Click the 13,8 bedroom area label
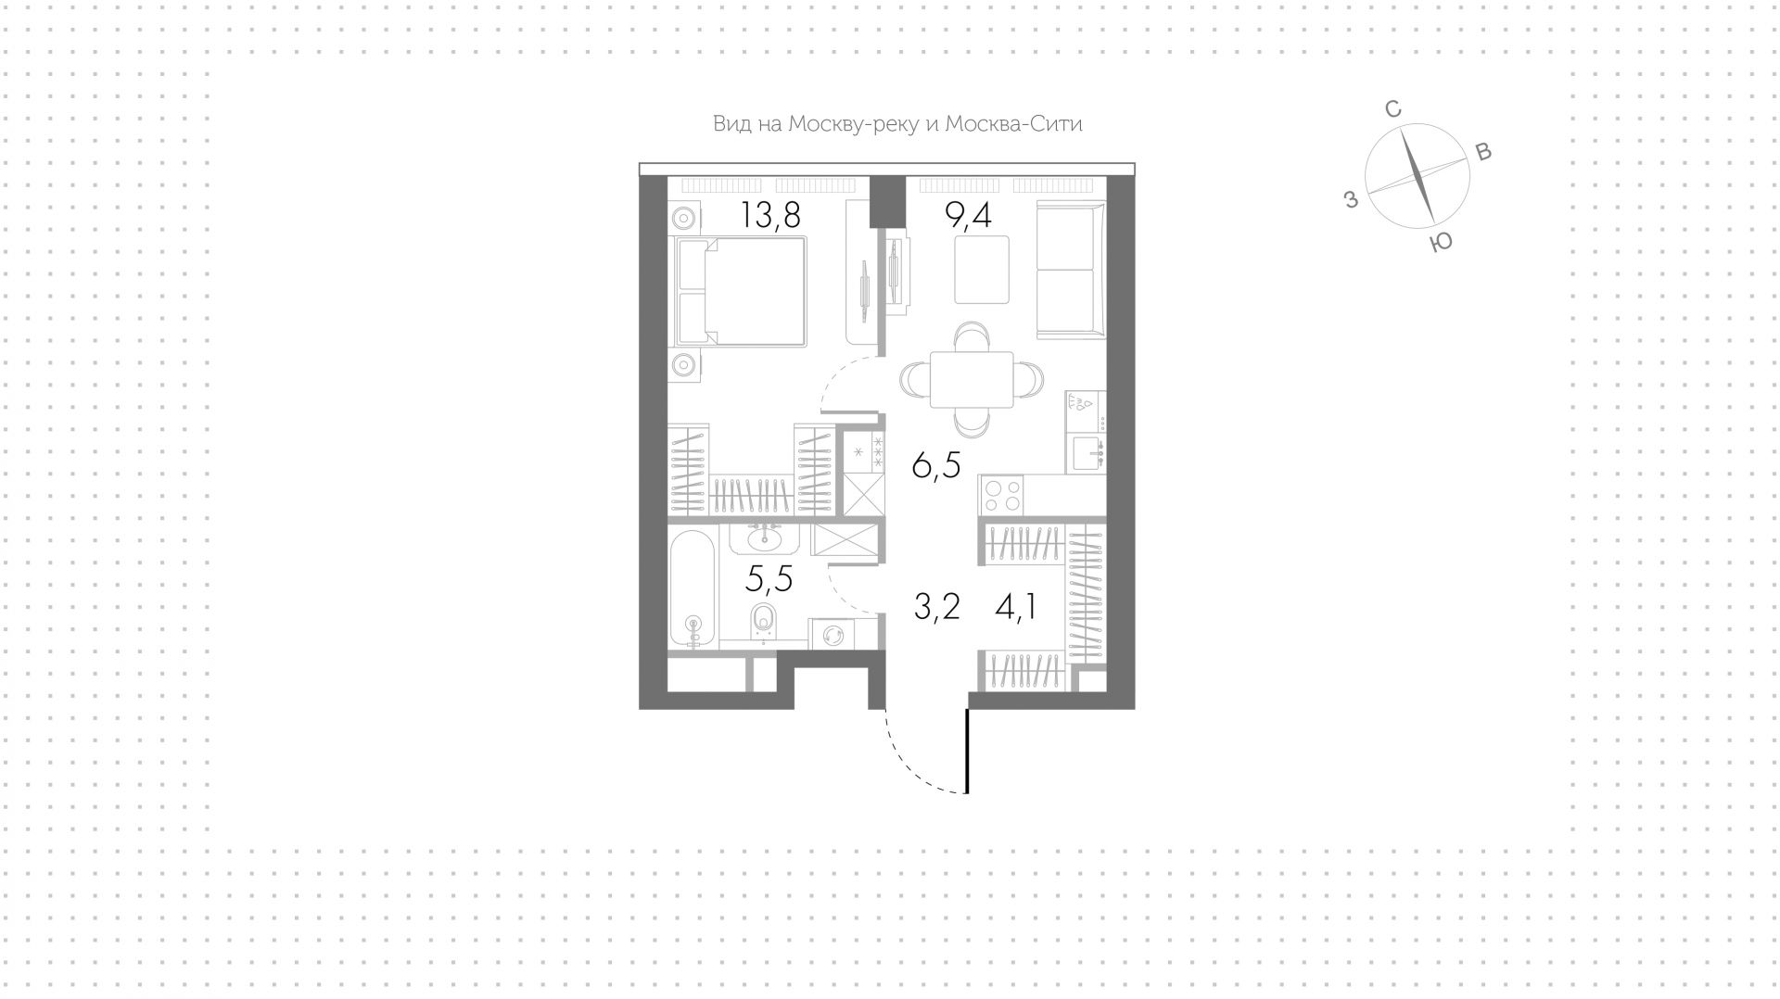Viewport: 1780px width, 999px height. point(769,216)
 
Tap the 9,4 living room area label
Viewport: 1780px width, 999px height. point(968,216)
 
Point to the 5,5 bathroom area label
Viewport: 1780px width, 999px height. point(769,579)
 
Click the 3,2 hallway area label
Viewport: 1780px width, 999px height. point(936,607)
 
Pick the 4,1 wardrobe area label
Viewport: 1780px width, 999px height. point(1015,607)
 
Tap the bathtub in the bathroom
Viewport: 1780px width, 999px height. point(693,588)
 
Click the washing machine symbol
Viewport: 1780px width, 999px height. point(832,635)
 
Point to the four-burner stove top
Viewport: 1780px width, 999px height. point(1000,494)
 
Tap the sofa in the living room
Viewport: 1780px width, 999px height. point(1071,270)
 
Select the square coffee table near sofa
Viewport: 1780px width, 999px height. point(982,270)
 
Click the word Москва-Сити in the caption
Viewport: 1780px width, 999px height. point(1013,124)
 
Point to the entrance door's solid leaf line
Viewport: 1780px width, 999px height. point(967,751)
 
